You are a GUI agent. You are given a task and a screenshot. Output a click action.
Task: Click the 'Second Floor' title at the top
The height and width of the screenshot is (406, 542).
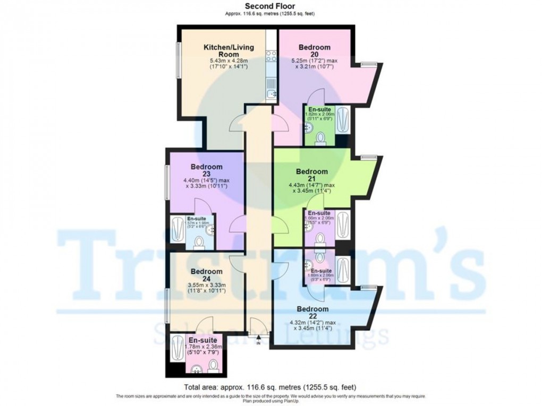270,6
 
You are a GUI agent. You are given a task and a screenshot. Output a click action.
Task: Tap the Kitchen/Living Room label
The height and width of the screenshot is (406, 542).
229,50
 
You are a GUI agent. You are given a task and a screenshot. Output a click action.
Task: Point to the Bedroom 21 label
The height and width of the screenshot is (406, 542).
312,175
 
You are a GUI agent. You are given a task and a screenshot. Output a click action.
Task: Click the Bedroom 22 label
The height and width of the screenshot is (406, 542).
312,312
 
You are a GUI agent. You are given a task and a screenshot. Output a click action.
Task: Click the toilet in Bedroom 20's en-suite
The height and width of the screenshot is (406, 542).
320,139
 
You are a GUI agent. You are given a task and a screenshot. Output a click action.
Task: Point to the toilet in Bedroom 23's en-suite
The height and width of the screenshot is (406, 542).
199,243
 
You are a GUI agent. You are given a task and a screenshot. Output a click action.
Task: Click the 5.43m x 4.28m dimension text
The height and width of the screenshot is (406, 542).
229,61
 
